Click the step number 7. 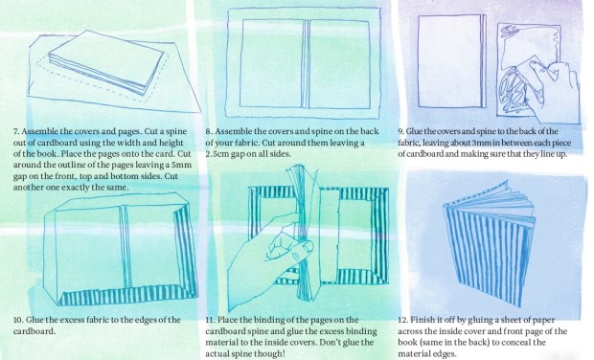(x=16, y=132)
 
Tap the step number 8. (x=209, y=132)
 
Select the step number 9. (x=400, y=132)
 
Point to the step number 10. (x=18, y=320)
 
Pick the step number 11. (x=210, y=320)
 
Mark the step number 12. (x=402, y=320)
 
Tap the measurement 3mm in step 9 (x=480, y=143)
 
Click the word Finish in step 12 (x=422, y=320)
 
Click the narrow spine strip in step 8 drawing (x=306, y=63)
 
